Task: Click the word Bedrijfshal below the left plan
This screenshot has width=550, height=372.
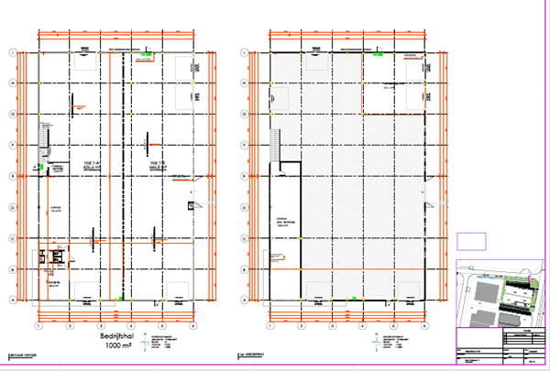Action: [x=118, y=337]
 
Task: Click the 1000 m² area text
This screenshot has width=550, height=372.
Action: [x=118, y=347]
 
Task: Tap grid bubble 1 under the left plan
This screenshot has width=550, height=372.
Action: [x=38, y=324]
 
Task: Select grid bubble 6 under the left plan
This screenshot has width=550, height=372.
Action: [x=193, y=324]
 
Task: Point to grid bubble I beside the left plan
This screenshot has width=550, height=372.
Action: [x=12, y=52]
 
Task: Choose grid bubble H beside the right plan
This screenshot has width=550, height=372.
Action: [x=243, y=83]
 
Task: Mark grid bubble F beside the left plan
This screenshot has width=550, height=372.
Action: [x=12, y=145]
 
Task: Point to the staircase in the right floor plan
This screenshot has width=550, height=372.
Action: [x=276, y=144]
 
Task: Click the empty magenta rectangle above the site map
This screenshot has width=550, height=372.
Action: [x=470, y=241]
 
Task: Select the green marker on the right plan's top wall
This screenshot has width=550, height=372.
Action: [x=377, y=53]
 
